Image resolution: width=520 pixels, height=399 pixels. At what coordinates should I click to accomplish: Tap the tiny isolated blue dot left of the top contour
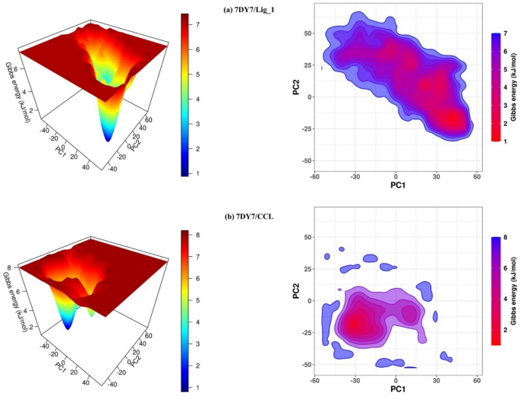pos(322,68)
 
